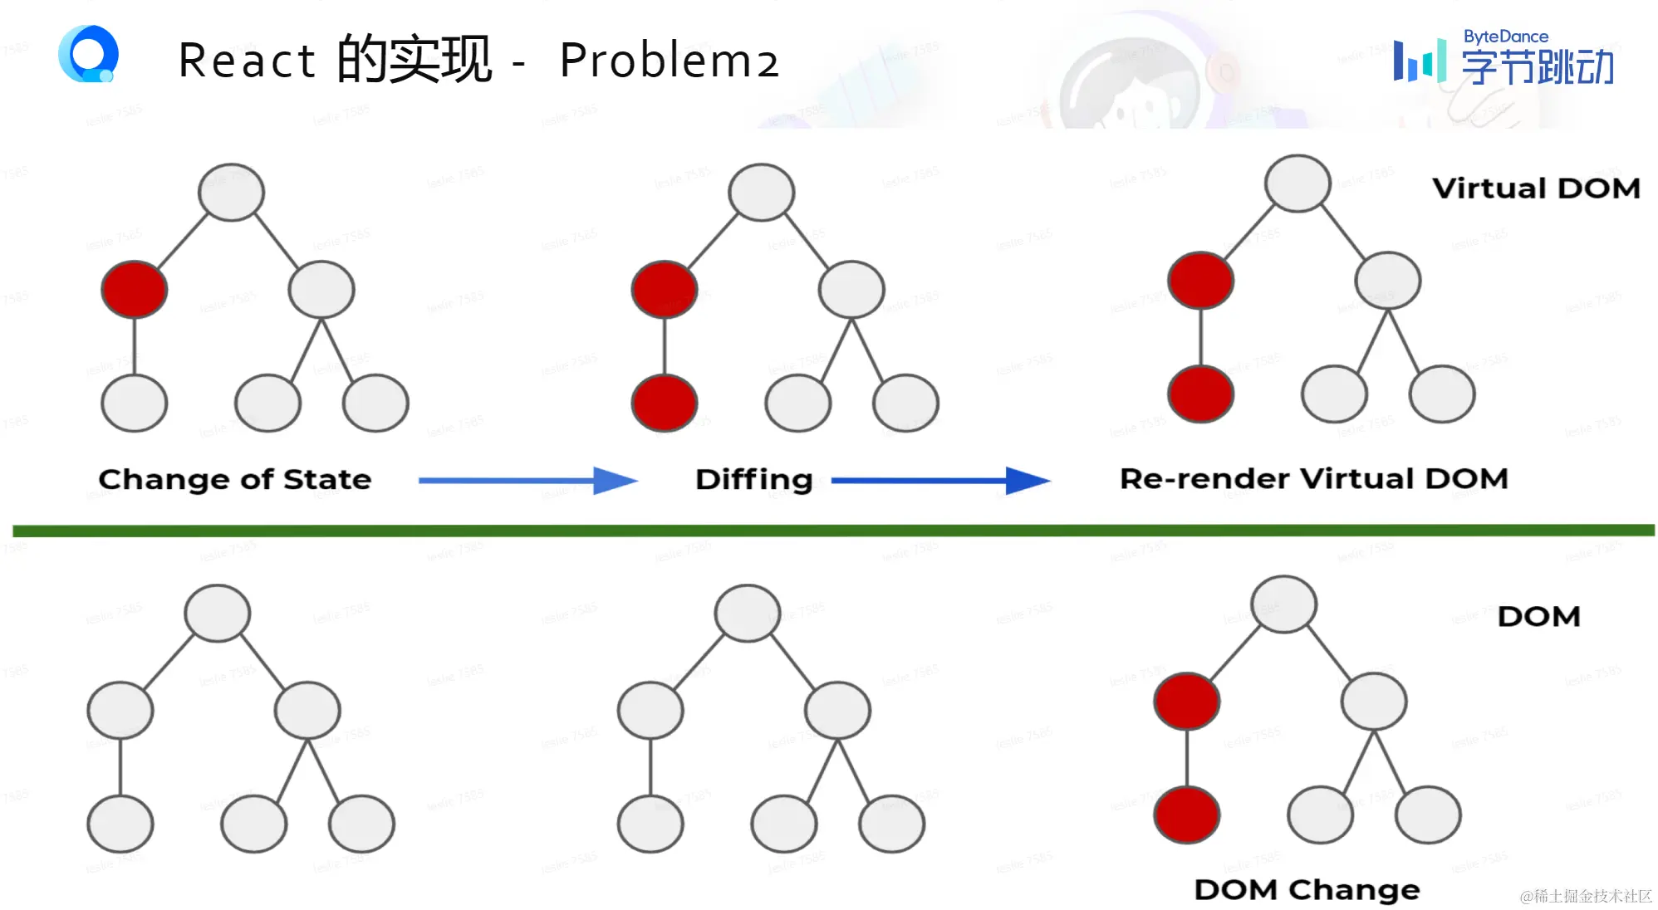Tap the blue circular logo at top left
[88, 54]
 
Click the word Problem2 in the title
[669, 60]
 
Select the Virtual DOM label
[1536, 188]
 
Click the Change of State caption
[235, 479]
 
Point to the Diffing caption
[753, 479]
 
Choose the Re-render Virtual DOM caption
[1313, 478]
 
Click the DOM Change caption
[1307, 889]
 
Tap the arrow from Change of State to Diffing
[527, 480]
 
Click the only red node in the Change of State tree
[135, 289]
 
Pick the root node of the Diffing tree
[761, 192]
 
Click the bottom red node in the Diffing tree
[664, 403]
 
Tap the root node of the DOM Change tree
[1283, 604]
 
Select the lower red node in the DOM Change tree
[1186, 815]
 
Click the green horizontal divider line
[831, 530]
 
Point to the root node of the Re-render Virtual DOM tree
[1297, 183]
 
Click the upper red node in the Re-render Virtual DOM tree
[1200, 281]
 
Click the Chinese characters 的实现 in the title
[414, 60]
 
